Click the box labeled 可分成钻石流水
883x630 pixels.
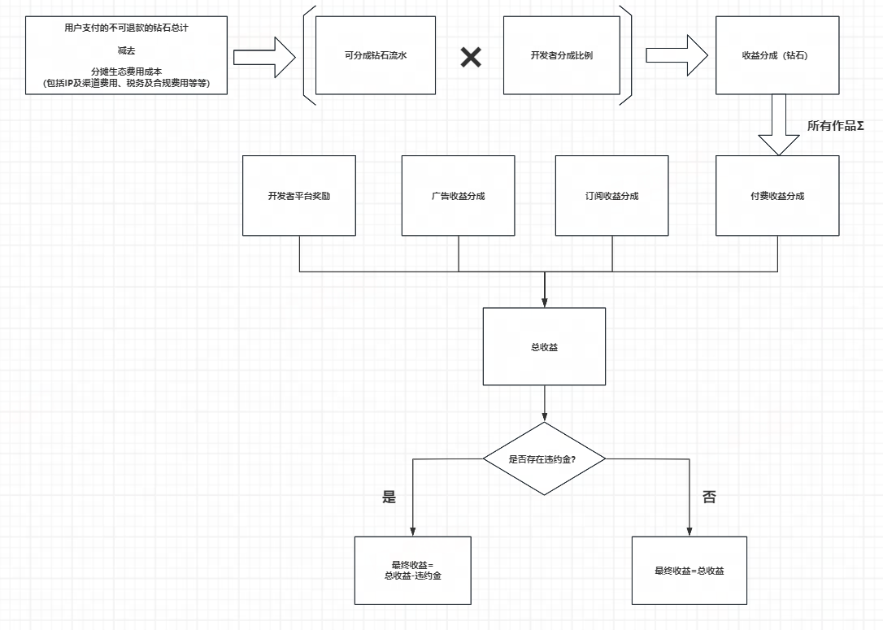coord(375,55)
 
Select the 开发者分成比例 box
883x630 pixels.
coord(562,55)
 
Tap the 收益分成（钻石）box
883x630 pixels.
coord(777,55)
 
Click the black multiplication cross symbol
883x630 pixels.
coord(471,57)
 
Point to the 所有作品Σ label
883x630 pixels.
coord(835,125)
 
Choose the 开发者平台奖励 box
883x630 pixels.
coord(299,195)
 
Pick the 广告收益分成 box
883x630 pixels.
coord(458,195)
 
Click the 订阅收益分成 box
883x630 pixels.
coord(611,195)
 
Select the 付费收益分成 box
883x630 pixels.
coord(777,195)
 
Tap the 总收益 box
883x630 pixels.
coord(544,346)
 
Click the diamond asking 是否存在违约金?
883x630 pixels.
coord(544,458)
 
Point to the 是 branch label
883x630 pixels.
coord(389,497)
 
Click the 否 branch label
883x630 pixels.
coord(709,497)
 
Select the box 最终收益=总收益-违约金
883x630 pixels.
coord(413,571)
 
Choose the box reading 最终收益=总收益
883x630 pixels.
coord(689,571)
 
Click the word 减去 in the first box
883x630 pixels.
coord(126,50)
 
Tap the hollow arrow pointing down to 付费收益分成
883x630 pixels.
coord(779,124)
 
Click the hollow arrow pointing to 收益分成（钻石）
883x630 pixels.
coord(677,55)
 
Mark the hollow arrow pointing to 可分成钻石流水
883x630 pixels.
coord(265,57)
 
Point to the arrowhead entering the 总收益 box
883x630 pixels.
coord(544,302)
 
